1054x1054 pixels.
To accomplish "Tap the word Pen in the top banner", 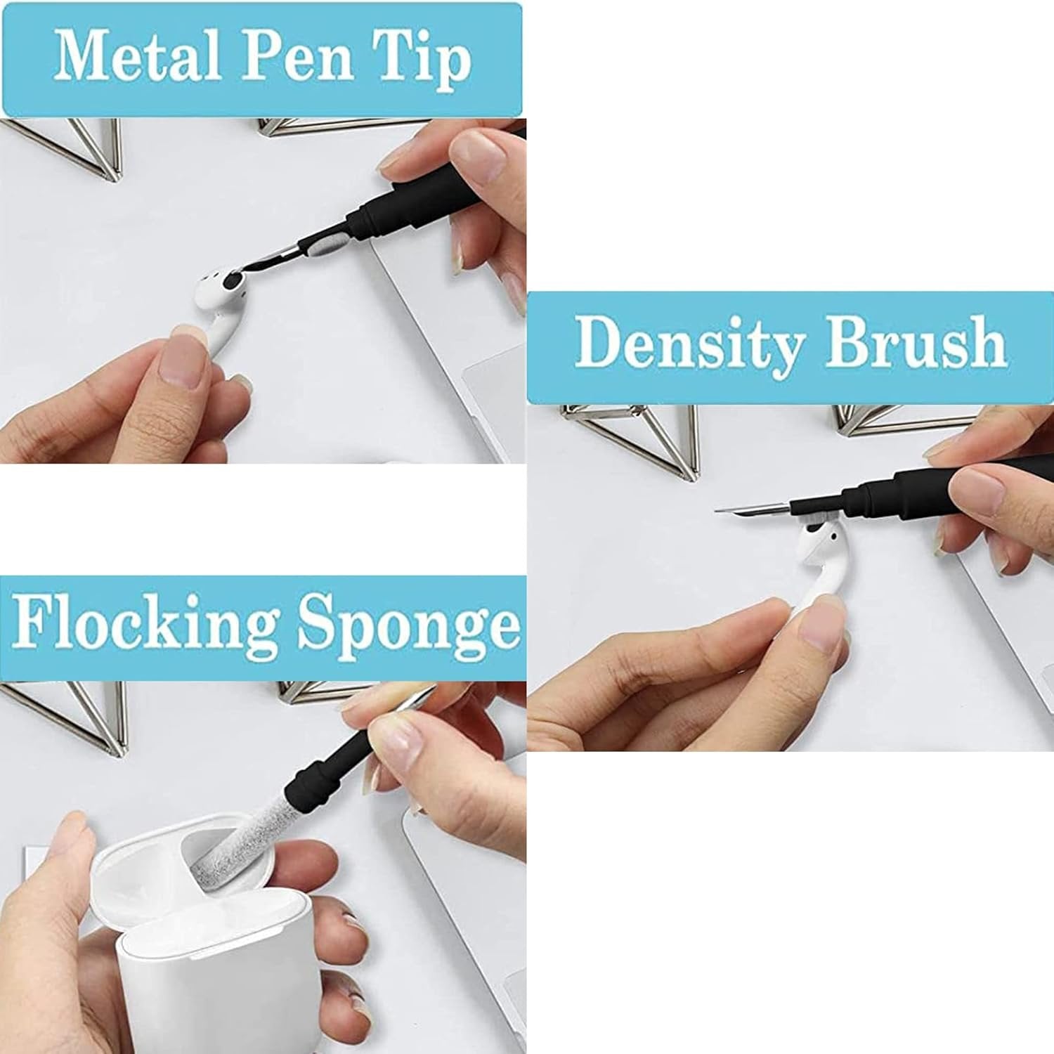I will click(x=296, y=58).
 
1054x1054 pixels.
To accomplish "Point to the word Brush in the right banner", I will click(x=916, y=343).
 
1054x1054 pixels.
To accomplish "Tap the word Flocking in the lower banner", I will click(x=144, y=624).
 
